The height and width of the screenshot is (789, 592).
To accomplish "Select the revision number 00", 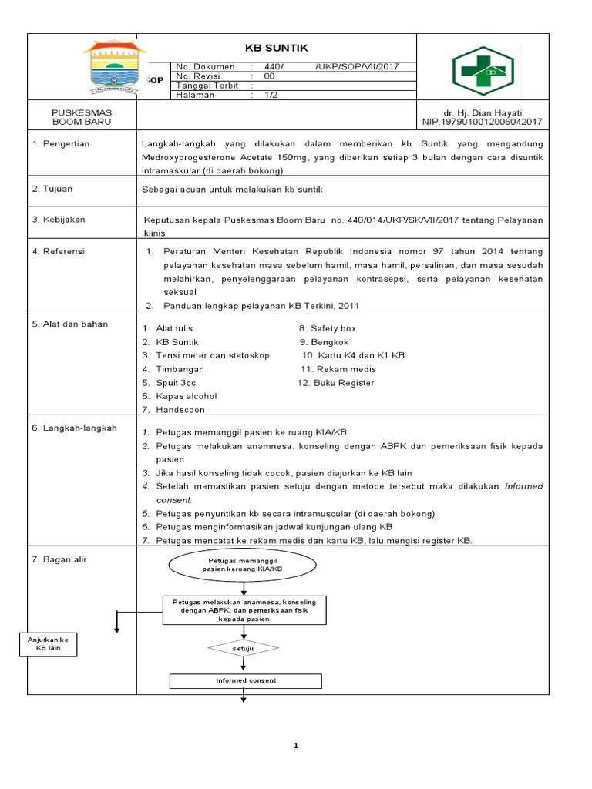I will pos(269,76).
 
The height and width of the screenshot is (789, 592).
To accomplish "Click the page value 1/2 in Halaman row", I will pos(271,95).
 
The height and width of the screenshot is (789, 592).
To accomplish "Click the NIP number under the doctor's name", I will pos(483,122).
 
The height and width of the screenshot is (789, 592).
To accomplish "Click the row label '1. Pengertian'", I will pos(61,144).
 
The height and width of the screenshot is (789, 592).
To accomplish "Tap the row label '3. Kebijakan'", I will pos(59,220).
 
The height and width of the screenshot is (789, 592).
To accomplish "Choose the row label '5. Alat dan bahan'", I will pos(70,324).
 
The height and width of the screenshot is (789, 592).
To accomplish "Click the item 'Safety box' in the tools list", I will pos(333,328).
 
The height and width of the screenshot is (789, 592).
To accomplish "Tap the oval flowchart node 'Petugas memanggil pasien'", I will pos(244,567).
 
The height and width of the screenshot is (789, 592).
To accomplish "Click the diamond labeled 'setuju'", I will pos(243,649).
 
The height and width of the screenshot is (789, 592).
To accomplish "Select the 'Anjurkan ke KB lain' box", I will pos(49,643).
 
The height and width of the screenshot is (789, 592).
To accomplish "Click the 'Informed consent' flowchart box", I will pos(245,680).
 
